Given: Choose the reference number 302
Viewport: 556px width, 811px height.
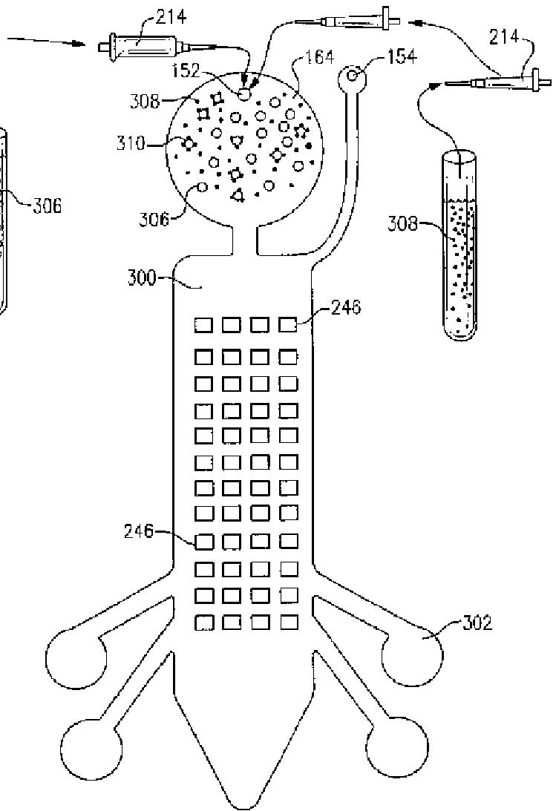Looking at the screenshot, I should [477, 623].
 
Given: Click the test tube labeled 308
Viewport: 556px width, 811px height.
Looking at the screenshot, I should [458, 245].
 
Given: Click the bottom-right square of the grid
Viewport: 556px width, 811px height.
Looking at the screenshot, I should [289, 622].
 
